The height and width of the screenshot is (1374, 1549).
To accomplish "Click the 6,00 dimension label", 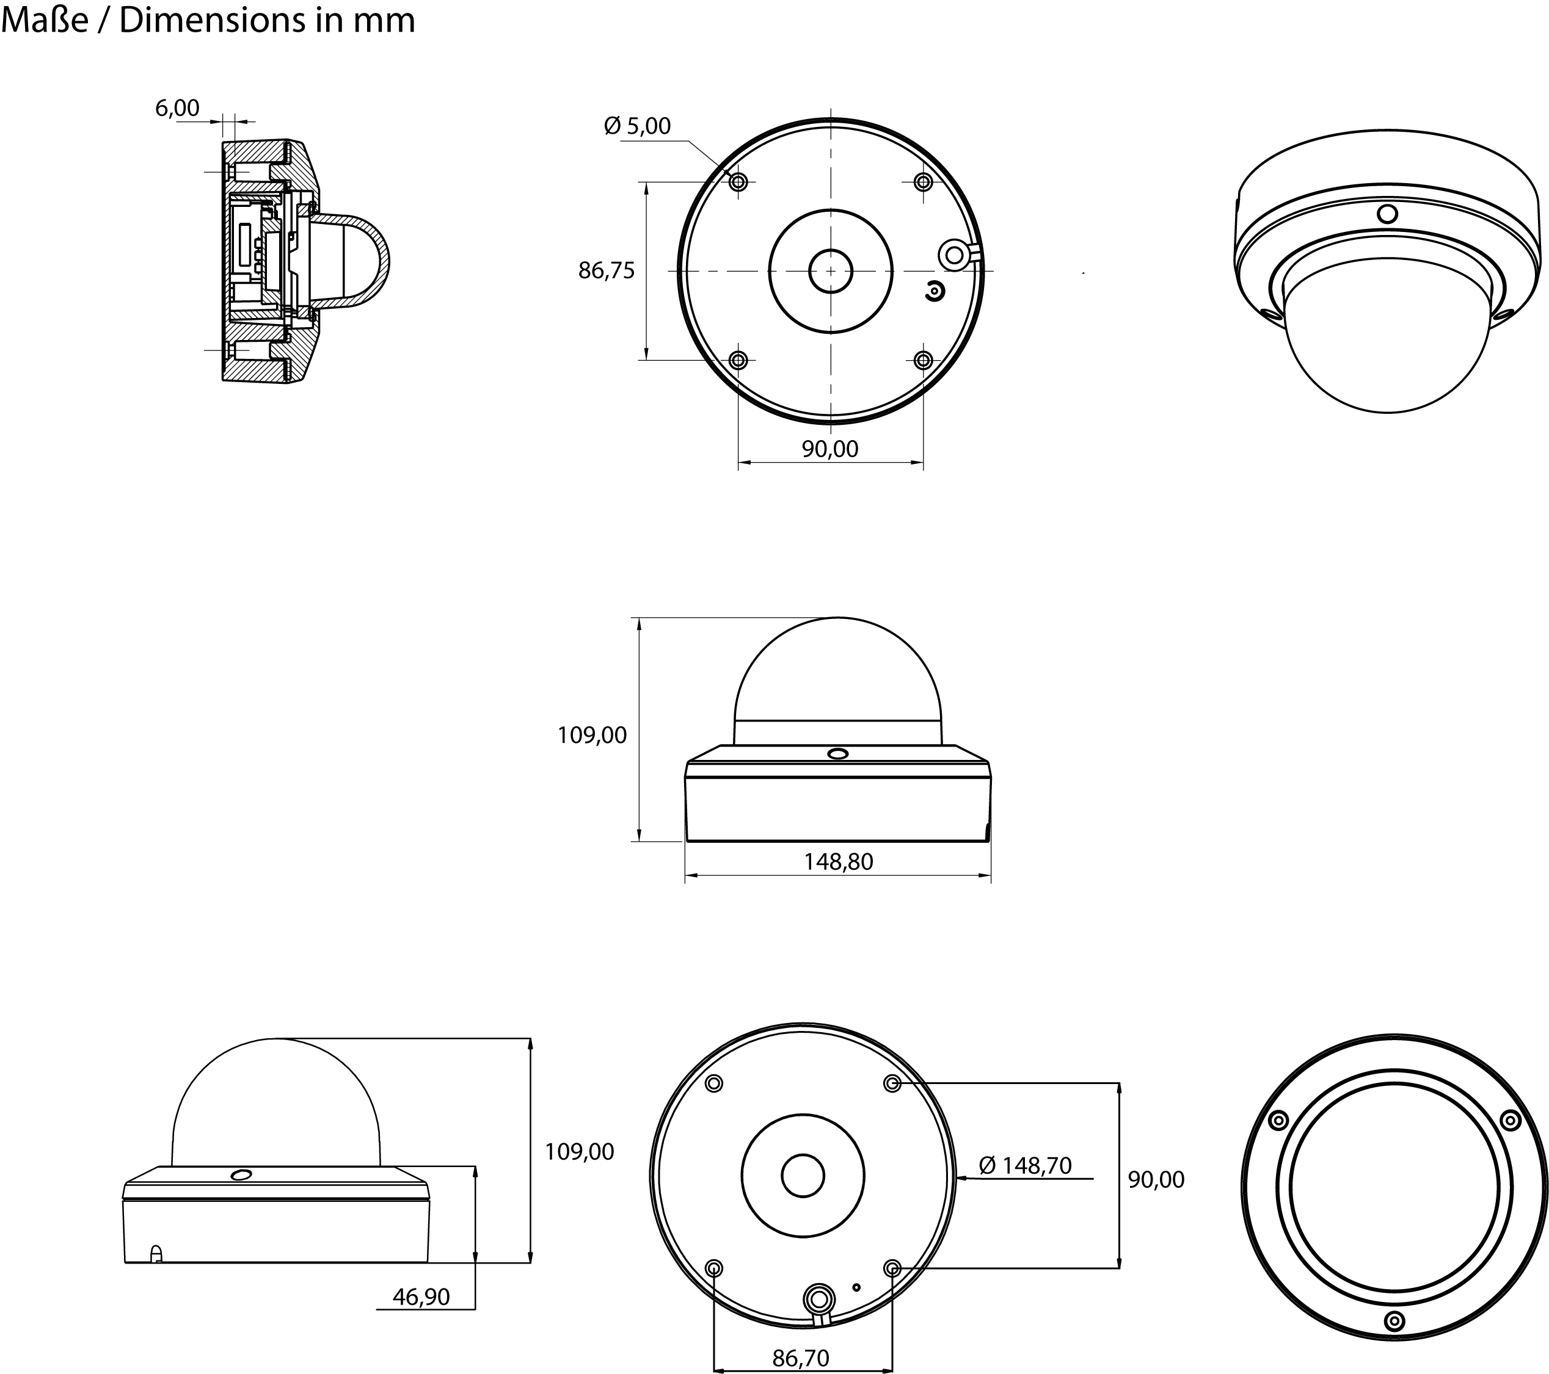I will coord(177,108).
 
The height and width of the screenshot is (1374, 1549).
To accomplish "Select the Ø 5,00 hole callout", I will coord(637,126).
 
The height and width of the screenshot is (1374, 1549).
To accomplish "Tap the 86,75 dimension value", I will coord(607,270).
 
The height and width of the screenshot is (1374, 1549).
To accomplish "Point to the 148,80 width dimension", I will coord(838,861).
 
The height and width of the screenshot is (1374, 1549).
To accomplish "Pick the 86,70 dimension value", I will coord(801,1358).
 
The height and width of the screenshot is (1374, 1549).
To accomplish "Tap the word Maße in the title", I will coord(45,21).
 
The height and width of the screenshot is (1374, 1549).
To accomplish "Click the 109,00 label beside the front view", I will coord(592,735).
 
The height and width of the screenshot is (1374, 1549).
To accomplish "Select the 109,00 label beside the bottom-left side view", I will coord(579,1151).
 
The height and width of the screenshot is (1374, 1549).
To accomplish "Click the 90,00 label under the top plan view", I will coord(830,449).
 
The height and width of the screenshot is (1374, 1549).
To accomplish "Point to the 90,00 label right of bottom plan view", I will coord(1156,1179).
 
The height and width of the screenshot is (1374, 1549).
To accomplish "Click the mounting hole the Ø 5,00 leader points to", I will coord(738,182).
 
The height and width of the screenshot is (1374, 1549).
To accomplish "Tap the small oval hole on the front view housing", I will coord(837,754).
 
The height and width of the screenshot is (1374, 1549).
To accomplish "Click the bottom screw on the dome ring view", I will coord(1394,1321).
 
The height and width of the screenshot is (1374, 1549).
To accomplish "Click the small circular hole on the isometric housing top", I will coord(1387,214).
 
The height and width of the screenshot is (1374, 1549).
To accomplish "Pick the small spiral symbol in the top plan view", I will coord(937,292).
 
